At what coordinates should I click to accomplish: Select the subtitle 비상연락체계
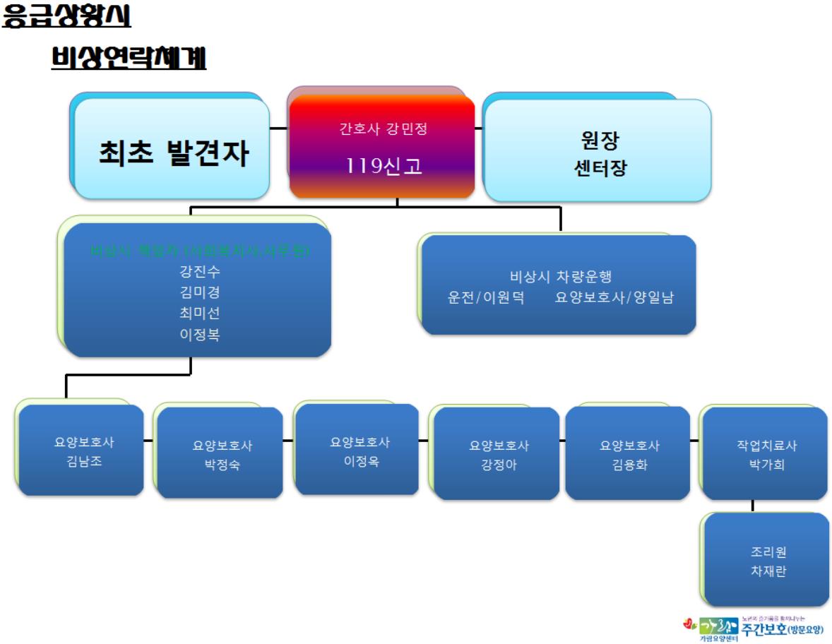click(x=129, y=59)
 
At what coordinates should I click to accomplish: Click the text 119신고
click(x=381, y=165)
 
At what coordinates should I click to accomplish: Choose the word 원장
click(x=599, y=141)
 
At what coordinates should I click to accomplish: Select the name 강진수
click(x=199, y=272)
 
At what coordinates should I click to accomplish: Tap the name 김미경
click(x=199, y=292)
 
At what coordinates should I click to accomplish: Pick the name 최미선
click(x=199, y=314)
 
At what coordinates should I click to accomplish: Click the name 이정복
click(x=199, y=335)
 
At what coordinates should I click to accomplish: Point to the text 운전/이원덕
click(x=486, y=297)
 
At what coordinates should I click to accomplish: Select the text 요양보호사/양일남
click(x=614, y=297)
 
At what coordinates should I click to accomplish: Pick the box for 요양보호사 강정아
click(x=497, y=455)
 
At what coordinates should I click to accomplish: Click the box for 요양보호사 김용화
click(x=629, y=454)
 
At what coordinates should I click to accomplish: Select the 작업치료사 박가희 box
click(x=766, y=455)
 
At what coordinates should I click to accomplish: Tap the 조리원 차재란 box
click(x=767, y=561)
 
